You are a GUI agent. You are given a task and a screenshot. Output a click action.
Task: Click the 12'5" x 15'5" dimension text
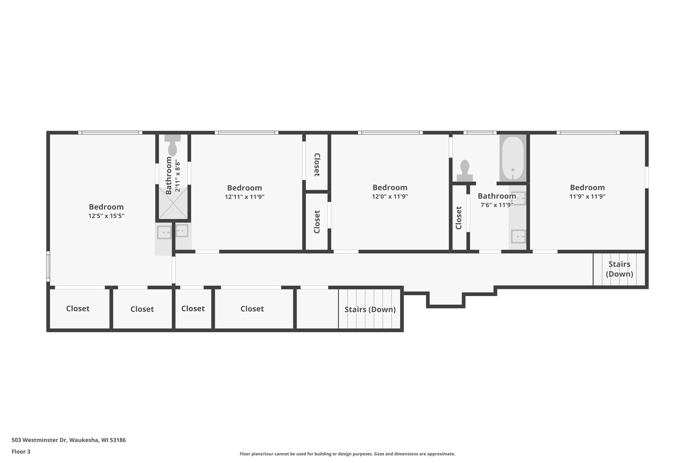pos(106,216)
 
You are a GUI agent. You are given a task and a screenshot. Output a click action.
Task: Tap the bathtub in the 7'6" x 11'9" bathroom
pos(512,158)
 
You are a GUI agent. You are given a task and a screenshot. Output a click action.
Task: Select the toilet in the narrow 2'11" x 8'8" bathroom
pos(172,146)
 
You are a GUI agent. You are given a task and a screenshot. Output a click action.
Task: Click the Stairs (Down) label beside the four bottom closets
pos(370,309)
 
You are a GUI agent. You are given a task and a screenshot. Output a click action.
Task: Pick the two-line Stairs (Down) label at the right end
pos(619,269)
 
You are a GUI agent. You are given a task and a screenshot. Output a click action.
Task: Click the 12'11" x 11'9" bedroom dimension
pos(244,197)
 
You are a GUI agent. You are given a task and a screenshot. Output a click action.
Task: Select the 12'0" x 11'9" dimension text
pos(390,196)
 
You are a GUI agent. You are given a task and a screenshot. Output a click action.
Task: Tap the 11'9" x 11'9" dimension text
pos(587,196)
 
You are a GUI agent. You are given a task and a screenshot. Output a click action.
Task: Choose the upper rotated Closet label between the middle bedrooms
pos(317,165)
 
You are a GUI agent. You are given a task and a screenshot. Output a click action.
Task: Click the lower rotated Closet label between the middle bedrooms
pos(317,222)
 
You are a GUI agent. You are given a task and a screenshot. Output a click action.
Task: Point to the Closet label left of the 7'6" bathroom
pos(458,218)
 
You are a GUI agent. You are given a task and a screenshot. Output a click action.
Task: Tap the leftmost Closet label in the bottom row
pos(78,309)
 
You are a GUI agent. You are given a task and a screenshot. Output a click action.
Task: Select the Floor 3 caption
pos(21,451)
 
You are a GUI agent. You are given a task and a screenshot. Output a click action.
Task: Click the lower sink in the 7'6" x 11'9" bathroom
pos(518,236)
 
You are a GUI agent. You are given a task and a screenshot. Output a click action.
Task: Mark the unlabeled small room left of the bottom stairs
pos(317,309)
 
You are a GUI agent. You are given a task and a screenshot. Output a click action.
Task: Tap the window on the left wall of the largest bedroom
pos(48,266)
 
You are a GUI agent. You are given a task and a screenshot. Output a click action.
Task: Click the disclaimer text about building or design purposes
pos(347,454)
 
